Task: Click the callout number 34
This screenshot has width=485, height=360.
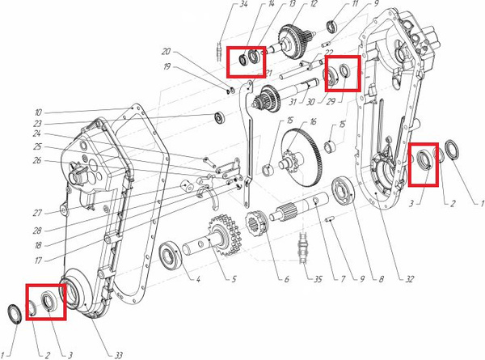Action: click(244, 5)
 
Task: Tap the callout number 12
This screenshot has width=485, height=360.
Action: click(314, 4)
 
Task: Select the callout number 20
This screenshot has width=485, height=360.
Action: click(166, 51)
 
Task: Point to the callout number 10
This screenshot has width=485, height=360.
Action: click(38, 112)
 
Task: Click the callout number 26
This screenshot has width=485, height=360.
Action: click(37, 161)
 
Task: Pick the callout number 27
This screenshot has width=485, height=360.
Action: click(37, 213)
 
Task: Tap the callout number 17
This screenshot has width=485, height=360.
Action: click(38, 260)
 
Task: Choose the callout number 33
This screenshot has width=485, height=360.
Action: click(119, 355)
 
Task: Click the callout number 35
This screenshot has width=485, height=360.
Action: click(318, 279)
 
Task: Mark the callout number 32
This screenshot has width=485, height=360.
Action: click(409, 279)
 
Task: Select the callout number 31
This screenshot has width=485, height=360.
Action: click(293, 101)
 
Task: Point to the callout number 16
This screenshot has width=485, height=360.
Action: click(314, 121)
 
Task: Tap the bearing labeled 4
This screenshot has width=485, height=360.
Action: click(170, 255)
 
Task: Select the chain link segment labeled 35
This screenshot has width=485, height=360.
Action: click(302, 249)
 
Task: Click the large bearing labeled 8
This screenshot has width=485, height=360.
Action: click(343, 190)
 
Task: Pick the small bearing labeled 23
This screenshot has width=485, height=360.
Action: click(219, 117)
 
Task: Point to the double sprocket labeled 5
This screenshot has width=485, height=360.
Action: click(224, 235)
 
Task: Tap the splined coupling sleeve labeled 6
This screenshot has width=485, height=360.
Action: click(257, 222)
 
